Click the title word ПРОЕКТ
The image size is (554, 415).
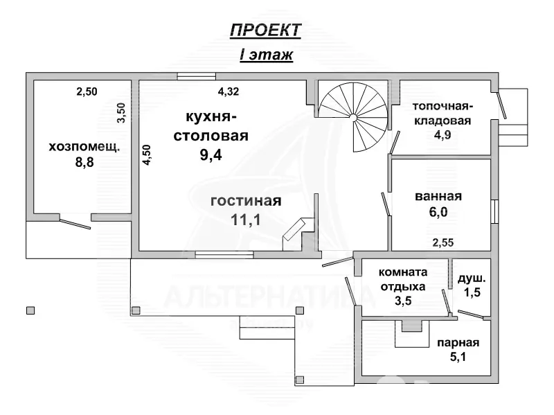tap(265, 30)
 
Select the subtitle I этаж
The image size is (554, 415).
tap(266, 55)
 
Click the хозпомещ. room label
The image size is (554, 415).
tap(84, 147)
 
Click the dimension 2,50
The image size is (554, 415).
tap(87, 91)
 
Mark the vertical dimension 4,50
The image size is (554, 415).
tap(145, 154)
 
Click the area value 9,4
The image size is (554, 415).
tap(212, 154)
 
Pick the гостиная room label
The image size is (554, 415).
tap(246, 201)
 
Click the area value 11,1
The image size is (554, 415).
tap(245, 220)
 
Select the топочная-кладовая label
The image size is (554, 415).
tap(443, 114)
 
